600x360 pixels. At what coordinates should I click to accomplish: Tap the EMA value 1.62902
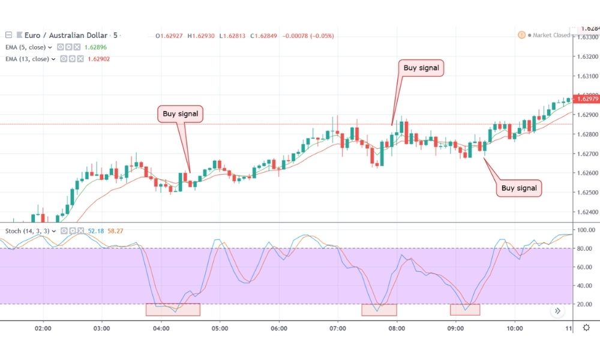click(x=97, y=59)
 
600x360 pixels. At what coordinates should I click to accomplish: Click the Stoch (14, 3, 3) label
click(x=28, y=230)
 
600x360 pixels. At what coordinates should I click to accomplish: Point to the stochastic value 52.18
click(x=96, y=230)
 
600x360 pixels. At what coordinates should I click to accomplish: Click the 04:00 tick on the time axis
click(x=161, y=329)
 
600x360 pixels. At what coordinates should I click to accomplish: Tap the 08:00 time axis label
click(x=397, y=329)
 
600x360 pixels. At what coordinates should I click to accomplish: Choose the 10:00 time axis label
click(x=515, y=329)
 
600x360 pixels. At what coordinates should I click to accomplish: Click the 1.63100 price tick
click(x=586, y=76)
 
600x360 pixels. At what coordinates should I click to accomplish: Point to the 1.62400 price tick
click(x=586, y=212)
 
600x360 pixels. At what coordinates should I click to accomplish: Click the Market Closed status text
click(x=548, y=35)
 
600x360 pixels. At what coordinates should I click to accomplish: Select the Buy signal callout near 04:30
click(x=180, y=113)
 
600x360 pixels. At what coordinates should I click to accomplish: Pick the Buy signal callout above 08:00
click(x=421, y=68)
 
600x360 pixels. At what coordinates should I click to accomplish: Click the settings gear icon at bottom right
click(x=586, y=328)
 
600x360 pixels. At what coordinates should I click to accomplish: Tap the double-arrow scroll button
click(x=558, y=311)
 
